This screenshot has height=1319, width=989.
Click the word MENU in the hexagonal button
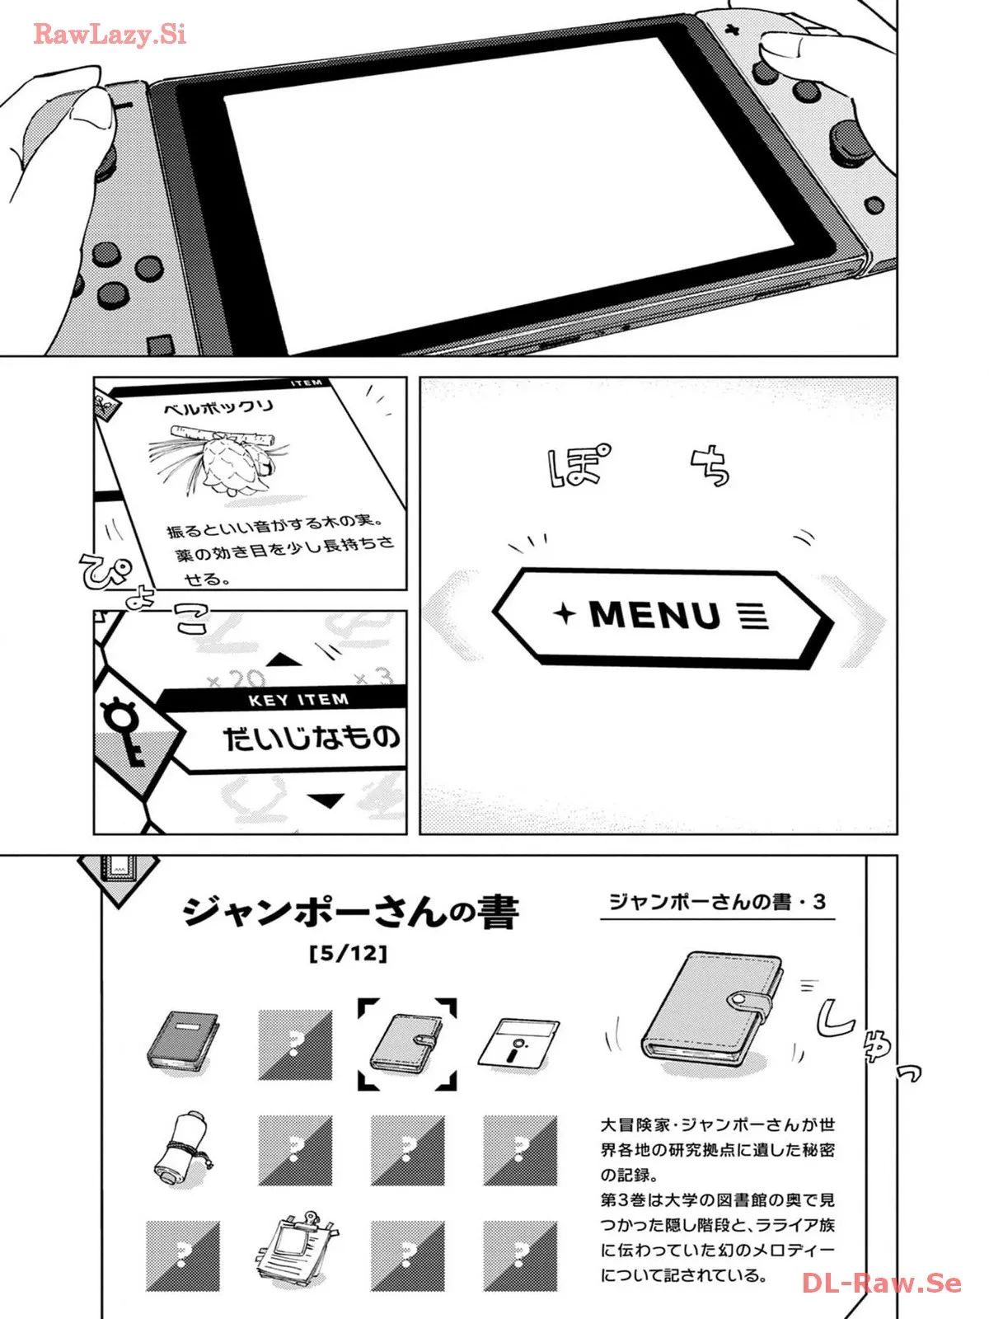coord(654,614)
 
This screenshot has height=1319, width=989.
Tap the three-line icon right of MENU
coord(754,616)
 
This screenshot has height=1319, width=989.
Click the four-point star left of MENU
coord(565,613)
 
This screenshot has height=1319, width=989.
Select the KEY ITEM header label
coord(298,700)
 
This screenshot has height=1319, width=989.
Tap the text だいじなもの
coord(312,738)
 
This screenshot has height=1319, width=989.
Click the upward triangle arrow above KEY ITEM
coord(284,659)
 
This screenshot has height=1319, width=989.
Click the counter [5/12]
coord(349,954)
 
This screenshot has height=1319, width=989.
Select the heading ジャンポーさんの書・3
coord(718,902)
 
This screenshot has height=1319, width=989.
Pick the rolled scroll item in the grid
coord(182,1149)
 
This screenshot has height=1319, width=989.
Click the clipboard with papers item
coord(295,1250)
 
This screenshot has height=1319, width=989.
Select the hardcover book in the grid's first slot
coord(183,1041)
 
